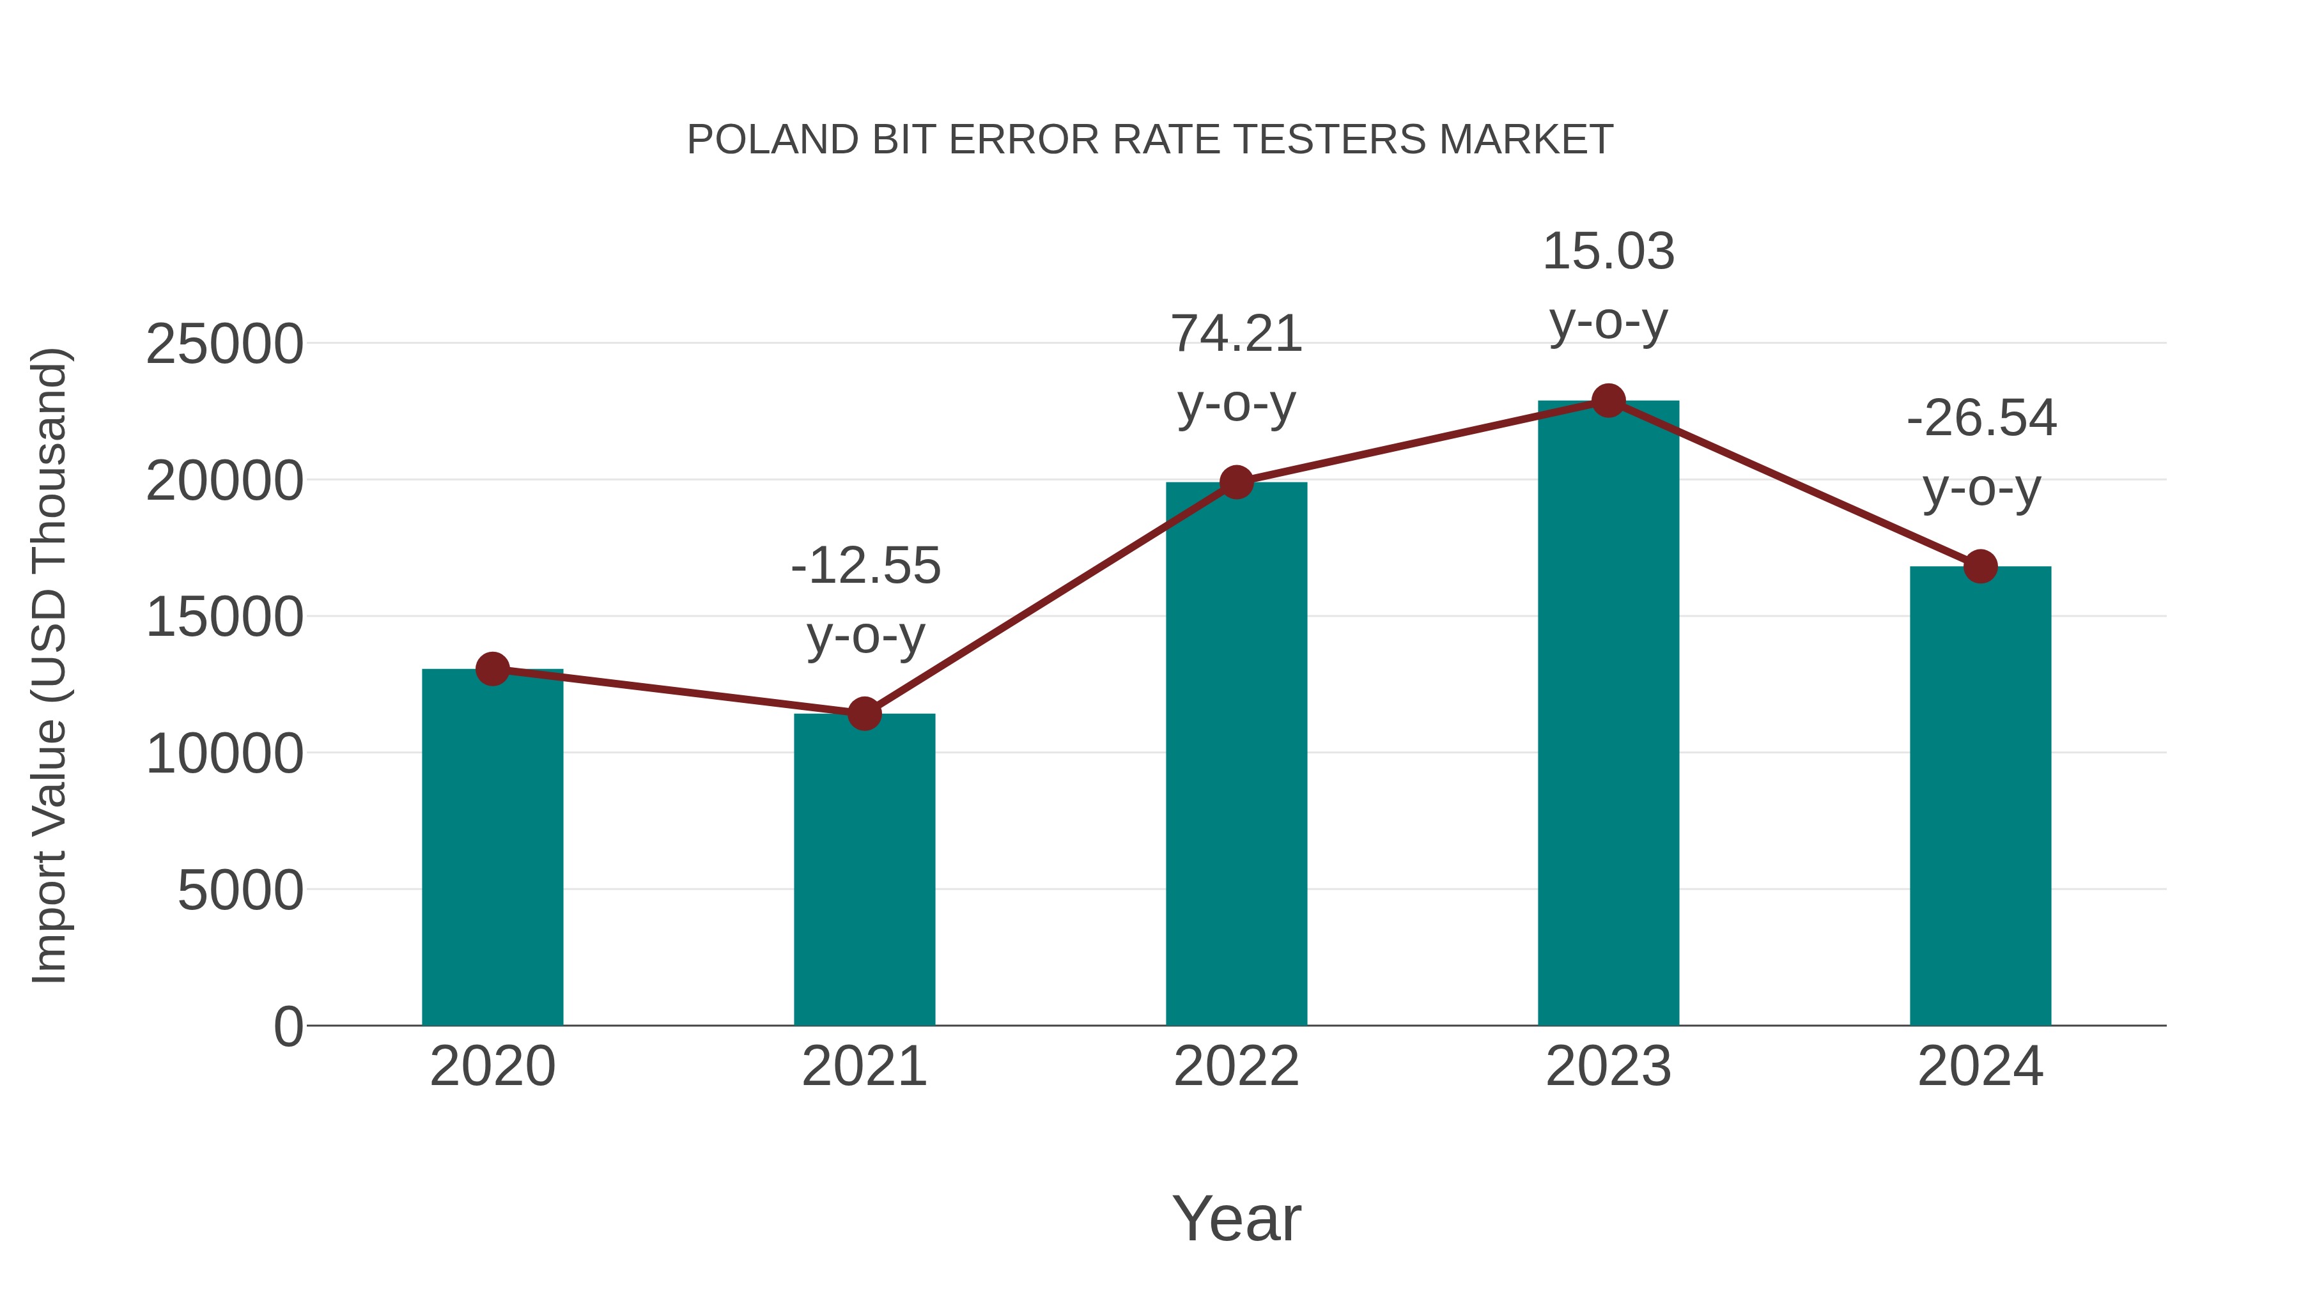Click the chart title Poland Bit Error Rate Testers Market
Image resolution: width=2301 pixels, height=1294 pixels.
click(1150, 140)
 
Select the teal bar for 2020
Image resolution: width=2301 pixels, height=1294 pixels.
click(492, 849)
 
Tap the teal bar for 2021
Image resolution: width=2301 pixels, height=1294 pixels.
click(864, 871)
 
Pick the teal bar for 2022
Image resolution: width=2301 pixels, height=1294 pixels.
click(1236, 755)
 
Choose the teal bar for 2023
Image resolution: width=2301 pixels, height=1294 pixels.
click(1608, 714)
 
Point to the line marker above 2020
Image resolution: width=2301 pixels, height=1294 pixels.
click(492, 669)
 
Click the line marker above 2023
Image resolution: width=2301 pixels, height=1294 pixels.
click(1608, 401)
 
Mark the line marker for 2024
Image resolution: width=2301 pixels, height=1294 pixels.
click(1980, 566)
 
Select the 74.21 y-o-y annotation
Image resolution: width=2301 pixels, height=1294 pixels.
click(1236, 369)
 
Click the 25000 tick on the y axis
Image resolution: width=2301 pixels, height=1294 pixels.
click(224, 344)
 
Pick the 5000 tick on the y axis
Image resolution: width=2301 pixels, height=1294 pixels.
click(240, 891)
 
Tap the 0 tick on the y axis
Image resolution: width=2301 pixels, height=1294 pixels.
click(288, 1027)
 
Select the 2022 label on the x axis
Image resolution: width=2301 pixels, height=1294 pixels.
click(1236, 1067)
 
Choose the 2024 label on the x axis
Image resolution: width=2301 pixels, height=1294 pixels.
click(1980, 1067)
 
